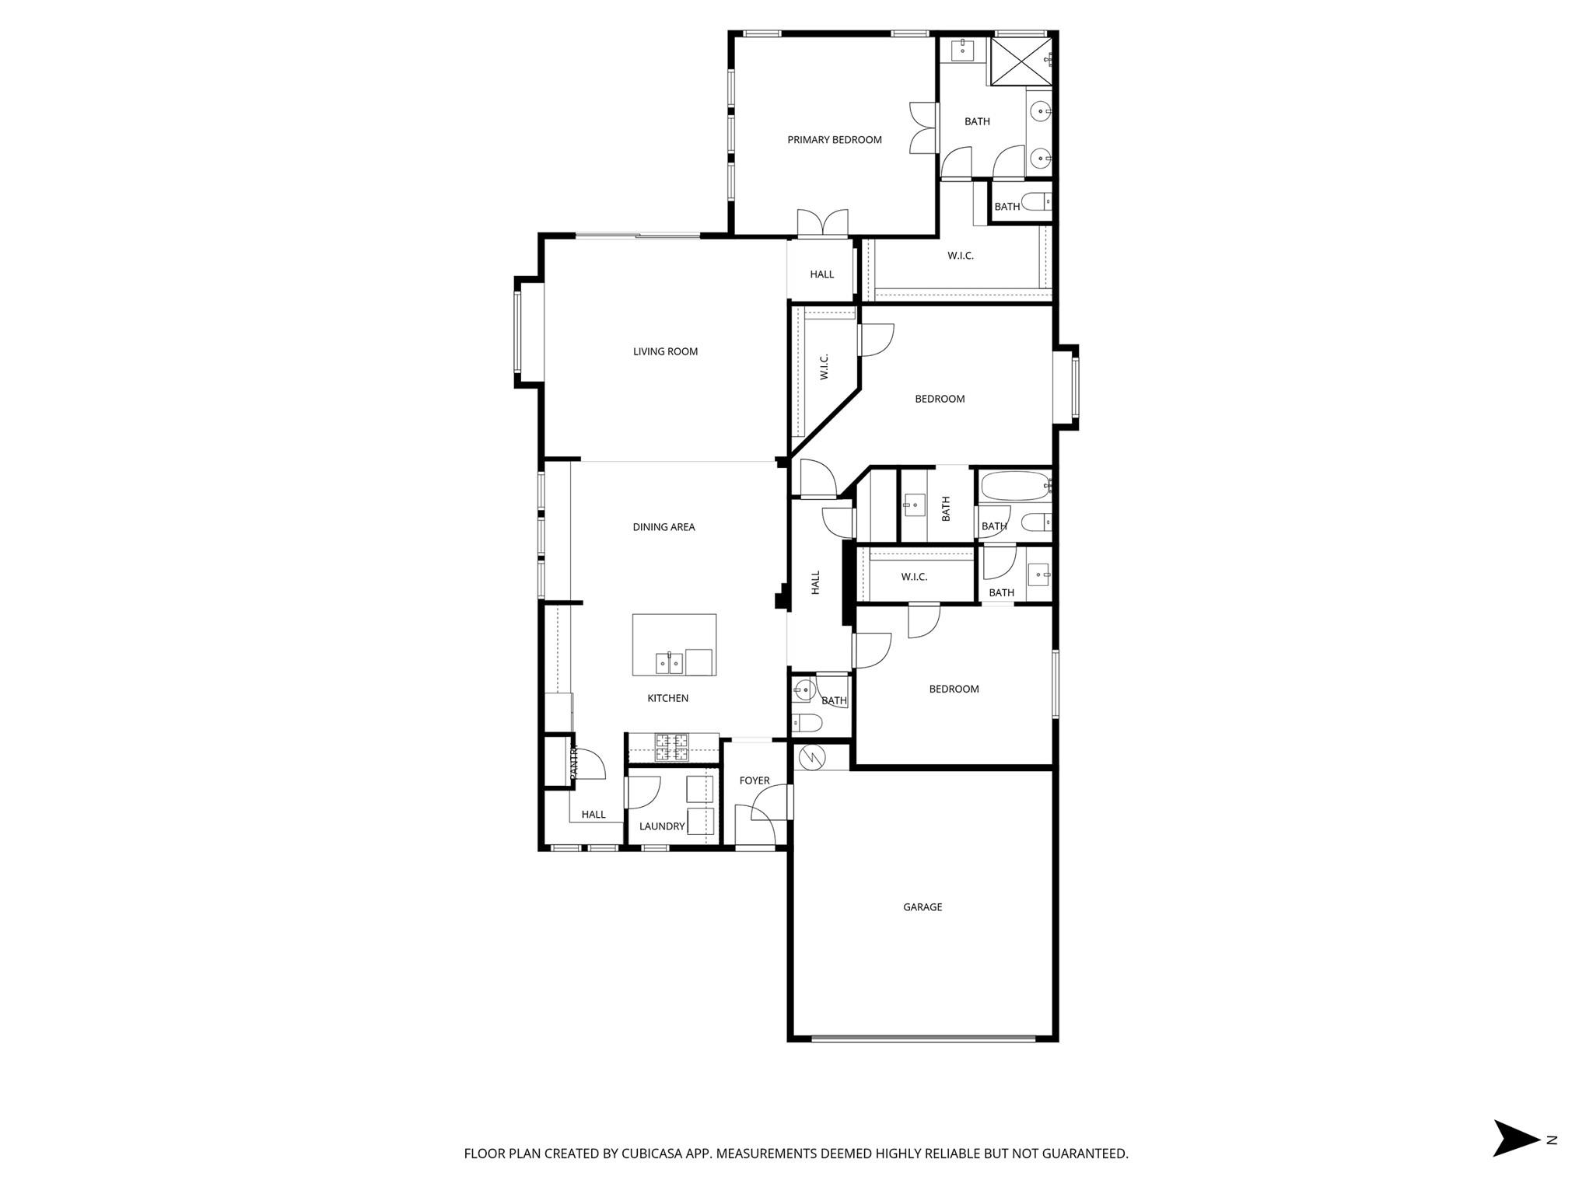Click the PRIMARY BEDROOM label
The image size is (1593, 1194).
click(834, 140)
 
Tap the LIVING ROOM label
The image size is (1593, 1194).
click(665, 351)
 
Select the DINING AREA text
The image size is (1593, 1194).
click(663, 527)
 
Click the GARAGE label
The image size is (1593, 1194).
click(923, 907)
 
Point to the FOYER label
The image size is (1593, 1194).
click(754, 780)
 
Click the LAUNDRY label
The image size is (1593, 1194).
click(662, 826)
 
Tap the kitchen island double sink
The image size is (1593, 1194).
click(669, 663)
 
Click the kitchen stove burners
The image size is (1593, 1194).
click(671, 747)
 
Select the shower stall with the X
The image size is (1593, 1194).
click(1020, 61)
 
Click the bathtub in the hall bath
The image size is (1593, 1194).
click(1014, 487)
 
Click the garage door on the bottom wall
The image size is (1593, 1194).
click(923, 1038)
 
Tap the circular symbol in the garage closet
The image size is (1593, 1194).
click(811, 756)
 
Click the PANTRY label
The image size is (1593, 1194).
click(574, 763)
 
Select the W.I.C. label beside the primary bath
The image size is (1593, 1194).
click(960, 256)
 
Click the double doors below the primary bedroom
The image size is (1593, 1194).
click(822, 223)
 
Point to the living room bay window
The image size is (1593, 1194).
click(518, 333)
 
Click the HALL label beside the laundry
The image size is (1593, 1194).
click(593, 815)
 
